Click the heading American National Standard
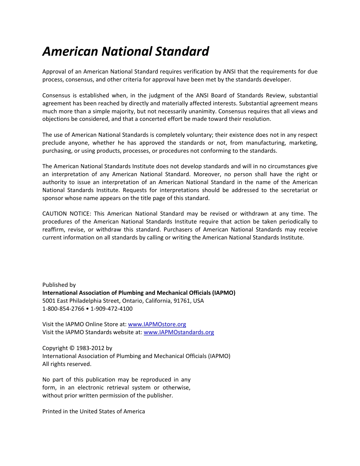tap(125, 52)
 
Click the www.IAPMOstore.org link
tap(157, 324)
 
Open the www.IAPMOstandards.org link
tap(179, 332)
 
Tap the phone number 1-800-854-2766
tap(63, 309)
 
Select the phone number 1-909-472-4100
tap(111, 309)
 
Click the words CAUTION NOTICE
tap(67, 214)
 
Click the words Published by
tap(59, 285)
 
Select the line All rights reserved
tap(67, 364)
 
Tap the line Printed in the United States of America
tap(94, 411)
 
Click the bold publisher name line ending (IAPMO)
tap(139, 293)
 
